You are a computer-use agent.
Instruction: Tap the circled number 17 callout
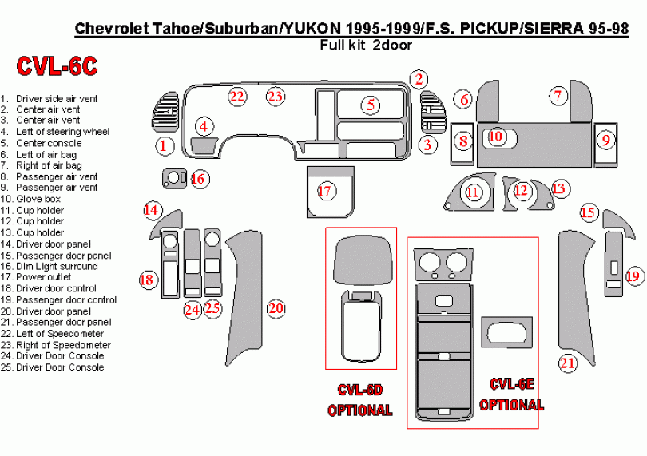click(324, 191)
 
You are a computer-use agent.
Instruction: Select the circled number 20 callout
click(276, 308)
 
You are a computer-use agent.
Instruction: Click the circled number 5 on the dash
click(371, 104)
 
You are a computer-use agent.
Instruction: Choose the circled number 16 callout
click(198, 178)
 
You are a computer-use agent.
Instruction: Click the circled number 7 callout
click(557, 95)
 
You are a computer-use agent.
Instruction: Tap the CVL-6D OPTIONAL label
click(360, 399)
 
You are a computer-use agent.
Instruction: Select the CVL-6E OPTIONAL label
click(511, 395)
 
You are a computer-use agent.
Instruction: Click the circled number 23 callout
click(275, 97)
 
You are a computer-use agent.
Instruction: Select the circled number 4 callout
click(204, 125)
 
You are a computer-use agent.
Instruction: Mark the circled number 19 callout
click(633, 276)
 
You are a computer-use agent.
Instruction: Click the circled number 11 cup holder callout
click(473, 192)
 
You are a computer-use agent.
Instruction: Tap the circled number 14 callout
click(151, 210)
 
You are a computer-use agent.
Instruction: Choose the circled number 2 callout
click(418, 77)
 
